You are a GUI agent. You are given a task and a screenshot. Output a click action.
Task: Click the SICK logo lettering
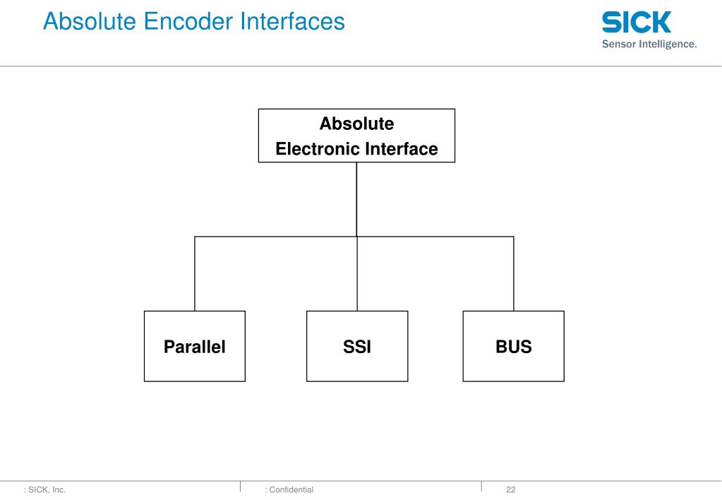(636, 22)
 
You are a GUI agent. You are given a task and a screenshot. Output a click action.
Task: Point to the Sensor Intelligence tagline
(649, 44)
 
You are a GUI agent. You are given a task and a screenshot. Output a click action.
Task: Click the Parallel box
(195, 347)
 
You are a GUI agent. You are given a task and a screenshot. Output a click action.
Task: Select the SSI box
(357, 347)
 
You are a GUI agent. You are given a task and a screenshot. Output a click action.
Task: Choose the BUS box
(513, 347)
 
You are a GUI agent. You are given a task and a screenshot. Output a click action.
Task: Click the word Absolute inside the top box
(356, 124)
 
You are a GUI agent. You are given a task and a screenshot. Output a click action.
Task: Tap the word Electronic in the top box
(317, 149)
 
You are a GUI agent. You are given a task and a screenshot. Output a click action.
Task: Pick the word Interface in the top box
(400, 149)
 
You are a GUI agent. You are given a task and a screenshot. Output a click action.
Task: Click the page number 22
(511, 489)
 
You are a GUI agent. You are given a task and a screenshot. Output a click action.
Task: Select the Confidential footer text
(289, 489)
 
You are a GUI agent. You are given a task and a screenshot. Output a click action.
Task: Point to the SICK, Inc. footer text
(45, 489)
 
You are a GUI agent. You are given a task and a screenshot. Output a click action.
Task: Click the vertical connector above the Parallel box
(195, 274)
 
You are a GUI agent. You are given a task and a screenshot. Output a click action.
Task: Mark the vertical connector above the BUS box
(513, 274)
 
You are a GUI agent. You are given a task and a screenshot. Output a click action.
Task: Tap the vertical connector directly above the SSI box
(357, 274)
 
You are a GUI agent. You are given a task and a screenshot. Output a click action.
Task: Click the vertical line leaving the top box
(356, 199)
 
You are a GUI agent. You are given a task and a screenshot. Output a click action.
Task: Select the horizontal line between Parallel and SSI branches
(275, 237)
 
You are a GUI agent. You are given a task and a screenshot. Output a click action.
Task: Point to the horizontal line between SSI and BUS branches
(435, 237)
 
